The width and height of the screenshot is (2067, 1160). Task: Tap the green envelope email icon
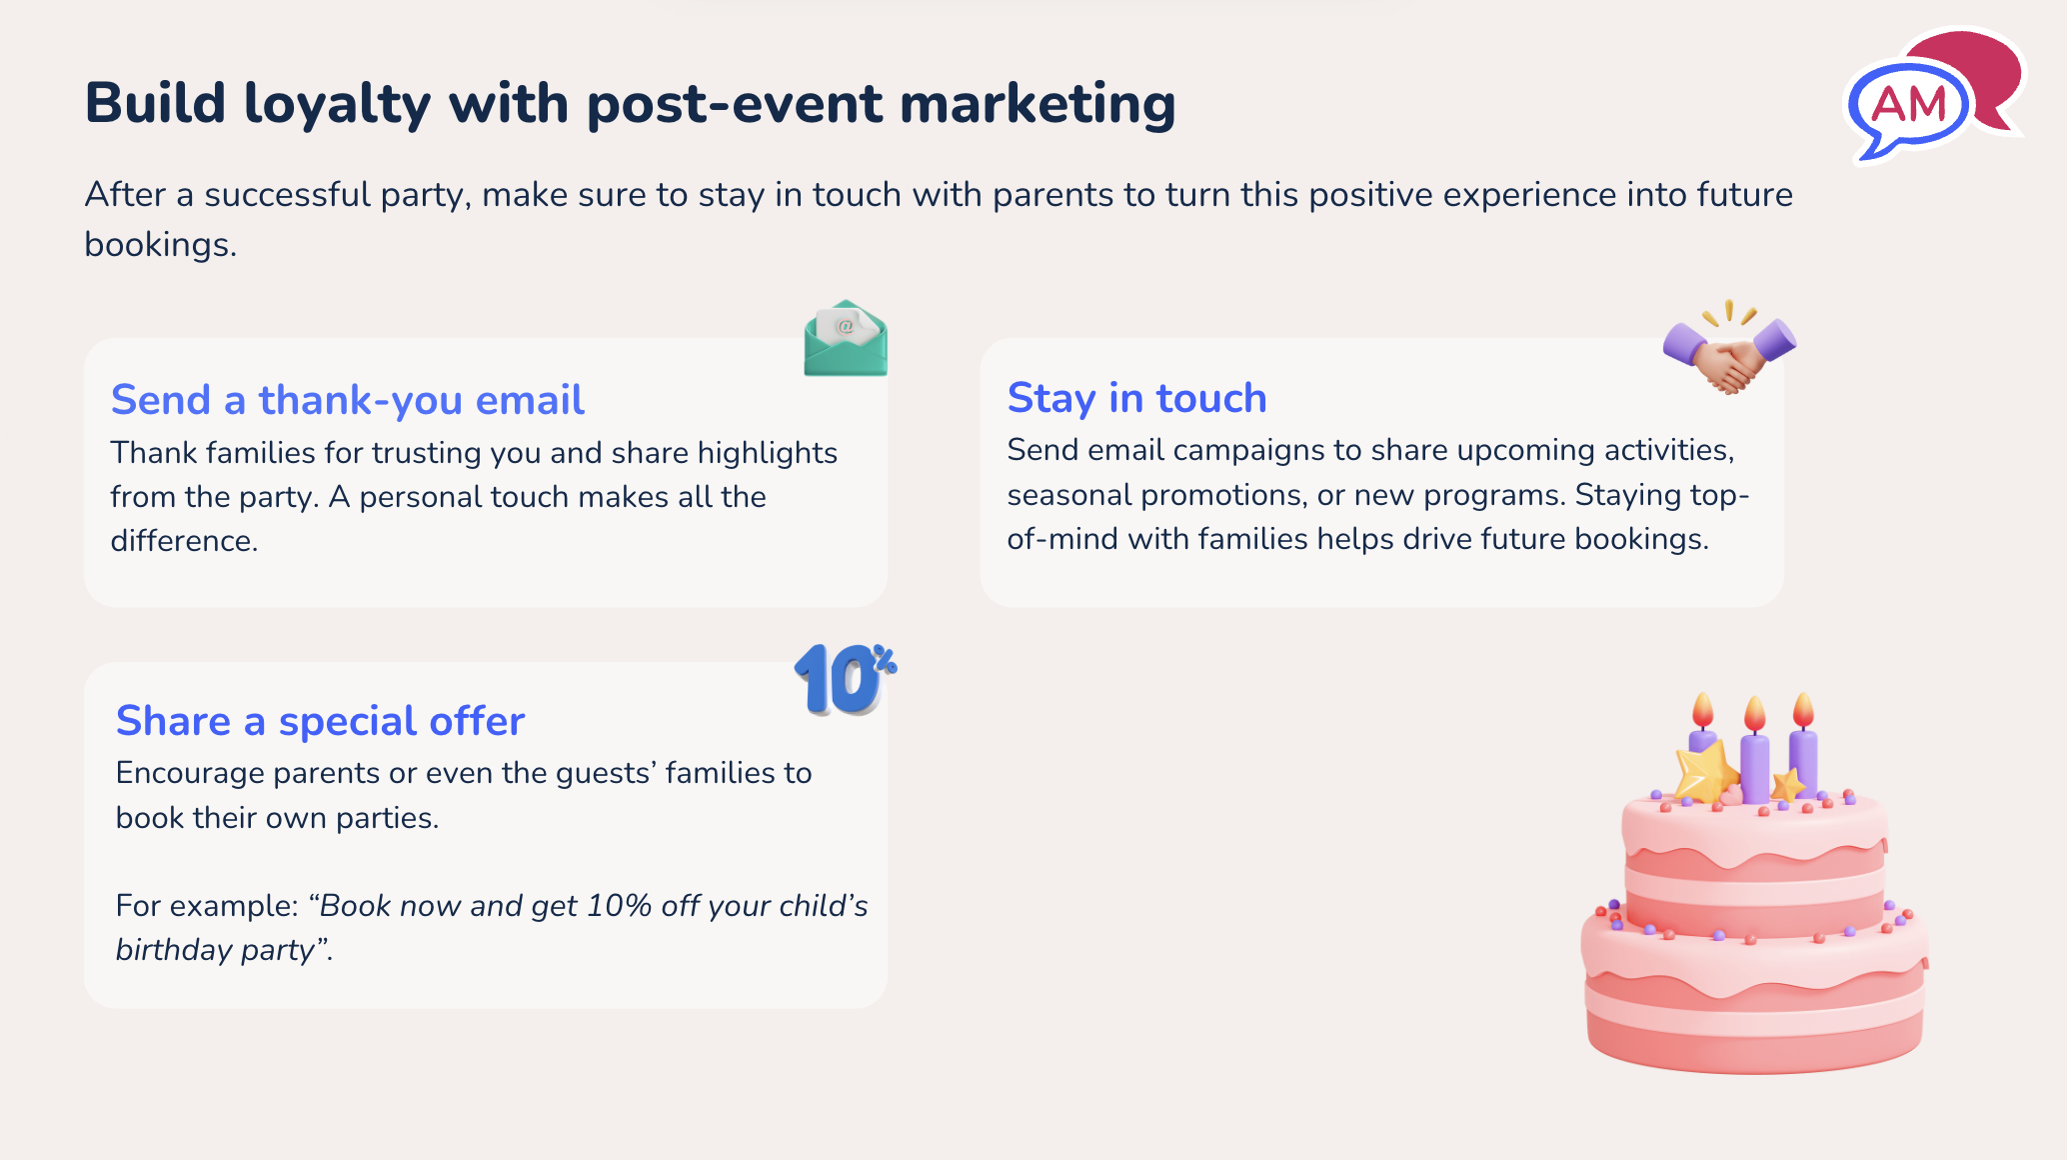tap(845, 340)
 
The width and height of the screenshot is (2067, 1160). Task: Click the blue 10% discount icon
tap(843, 680)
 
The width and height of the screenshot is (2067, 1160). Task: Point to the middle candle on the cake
tap(1754, 765)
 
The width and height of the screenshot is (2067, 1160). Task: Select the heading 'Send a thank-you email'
tap(347, 400)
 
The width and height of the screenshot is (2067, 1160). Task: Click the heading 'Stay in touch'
tap(1136, 398)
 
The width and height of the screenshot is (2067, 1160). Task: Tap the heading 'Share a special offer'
tap(320, 721)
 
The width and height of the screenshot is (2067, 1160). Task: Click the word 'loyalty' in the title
tap(337, 104)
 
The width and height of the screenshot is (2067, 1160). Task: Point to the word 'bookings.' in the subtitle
tap(160, 245)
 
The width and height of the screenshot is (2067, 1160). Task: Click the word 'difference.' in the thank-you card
tap(184, 541)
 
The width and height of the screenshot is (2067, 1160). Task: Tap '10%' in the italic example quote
tap(619, 906)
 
